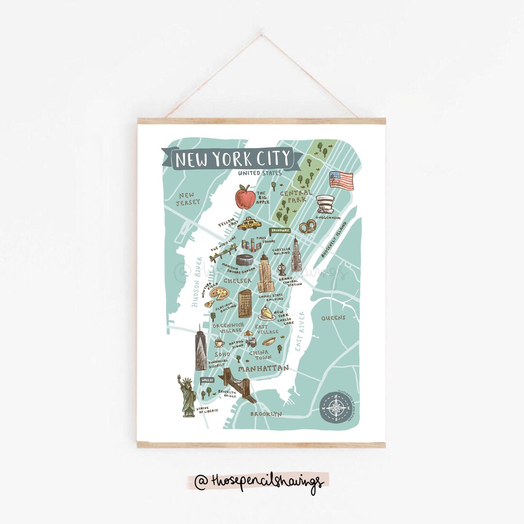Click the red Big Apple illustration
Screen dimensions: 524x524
pyautogui.click(x=246, y=197)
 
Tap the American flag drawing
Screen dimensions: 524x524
pyautogui.click(x=342, y=180)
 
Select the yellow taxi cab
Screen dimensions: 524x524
pyautogui.click(x=249, y=224)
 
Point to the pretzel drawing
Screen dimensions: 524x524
pyautogui.click(x=307, y=227)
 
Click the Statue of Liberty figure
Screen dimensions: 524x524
pyautogui.click(x=187, y=396)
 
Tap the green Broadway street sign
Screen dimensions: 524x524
pyautogui.click(x=280, y=230)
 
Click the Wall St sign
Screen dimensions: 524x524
pyautogui.click(x=207, y=379)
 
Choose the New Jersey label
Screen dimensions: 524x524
pyautogui.click(x=188, y=198)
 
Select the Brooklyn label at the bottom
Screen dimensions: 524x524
pyautogui.click(x=265, y=414)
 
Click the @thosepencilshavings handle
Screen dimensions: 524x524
pyautogui.click(x=259, y=482)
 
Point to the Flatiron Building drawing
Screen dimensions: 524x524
pyautogui.click(x=245, y=303)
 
